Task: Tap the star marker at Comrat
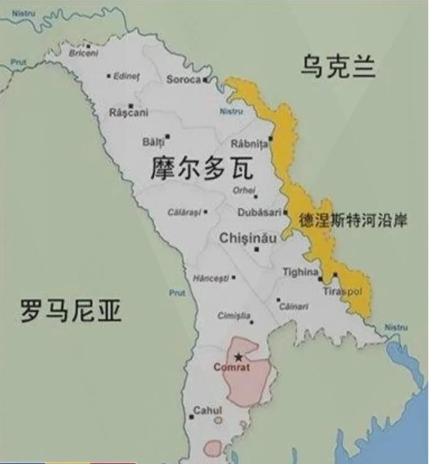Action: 239,357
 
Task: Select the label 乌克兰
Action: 338,66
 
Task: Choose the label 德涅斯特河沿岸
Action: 353,220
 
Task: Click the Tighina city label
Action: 300,272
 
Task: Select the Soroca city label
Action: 184,79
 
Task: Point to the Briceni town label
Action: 84,53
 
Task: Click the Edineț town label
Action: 126,76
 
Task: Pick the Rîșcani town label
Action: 128,112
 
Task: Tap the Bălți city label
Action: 153,142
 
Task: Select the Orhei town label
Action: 244,190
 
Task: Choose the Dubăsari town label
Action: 260,212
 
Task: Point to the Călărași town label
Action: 184,212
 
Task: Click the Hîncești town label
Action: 211,277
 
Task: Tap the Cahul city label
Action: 208,411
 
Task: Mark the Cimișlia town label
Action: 234,316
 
